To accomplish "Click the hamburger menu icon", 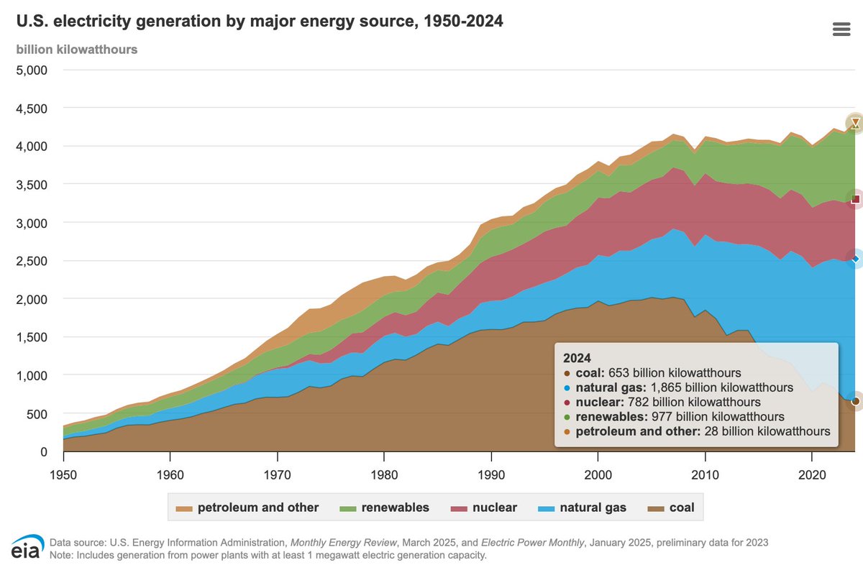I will [x=841, y=29].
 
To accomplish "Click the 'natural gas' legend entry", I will [x=582, y=507].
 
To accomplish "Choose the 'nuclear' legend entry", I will [x=485, y=507].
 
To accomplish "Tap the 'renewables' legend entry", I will [x=385, y=507].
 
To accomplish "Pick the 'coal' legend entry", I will [x=672, y=507].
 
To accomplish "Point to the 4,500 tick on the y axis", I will [x=30, y=109].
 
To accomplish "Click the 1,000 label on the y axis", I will [x=30, y=375].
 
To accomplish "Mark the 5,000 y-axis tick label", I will [x=30, y=70].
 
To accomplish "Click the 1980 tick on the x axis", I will [x=383, y=475].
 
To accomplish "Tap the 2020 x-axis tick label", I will [x=811, y=475].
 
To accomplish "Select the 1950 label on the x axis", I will [x=63, y=475].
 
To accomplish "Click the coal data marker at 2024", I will [x=855, y=401].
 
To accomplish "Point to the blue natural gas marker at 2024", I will [x=855, y=259].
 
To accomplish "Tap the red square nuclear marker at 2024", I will [x=855, y=199].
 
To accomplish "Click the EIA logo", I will [x=27, y=548].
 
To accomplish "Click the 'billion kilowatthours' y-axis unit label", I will [x=77, y=50].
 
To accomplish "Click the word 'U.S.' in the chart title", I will [x=32, y=22].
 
